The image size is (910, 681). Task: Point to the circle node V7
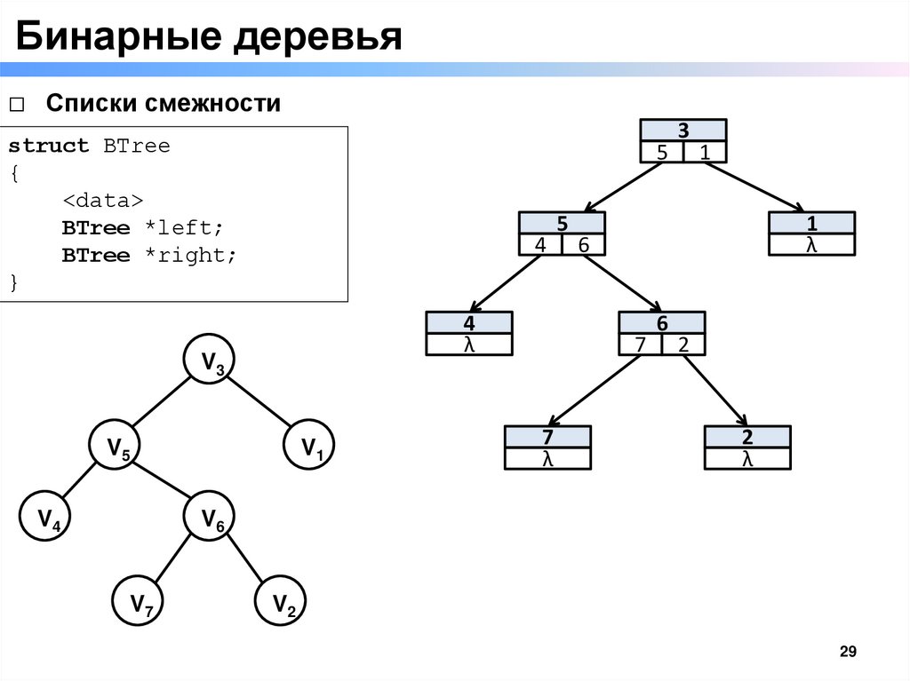click(x=141, y=606)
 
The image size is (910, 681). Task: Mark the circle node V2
click(x=283, y=606)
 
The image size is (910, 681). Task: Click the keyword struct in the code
click(x=49, y=146)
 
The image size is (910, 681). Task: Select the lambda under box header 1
click(x=811, y=245)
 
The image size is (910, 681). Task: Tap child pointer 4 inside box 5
click(x=539, y=245)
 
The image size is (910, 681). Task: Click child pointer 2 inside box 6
click(x=683, y=344)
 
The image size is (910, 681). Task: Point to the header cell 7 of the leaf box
click(x=547, y=437)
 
